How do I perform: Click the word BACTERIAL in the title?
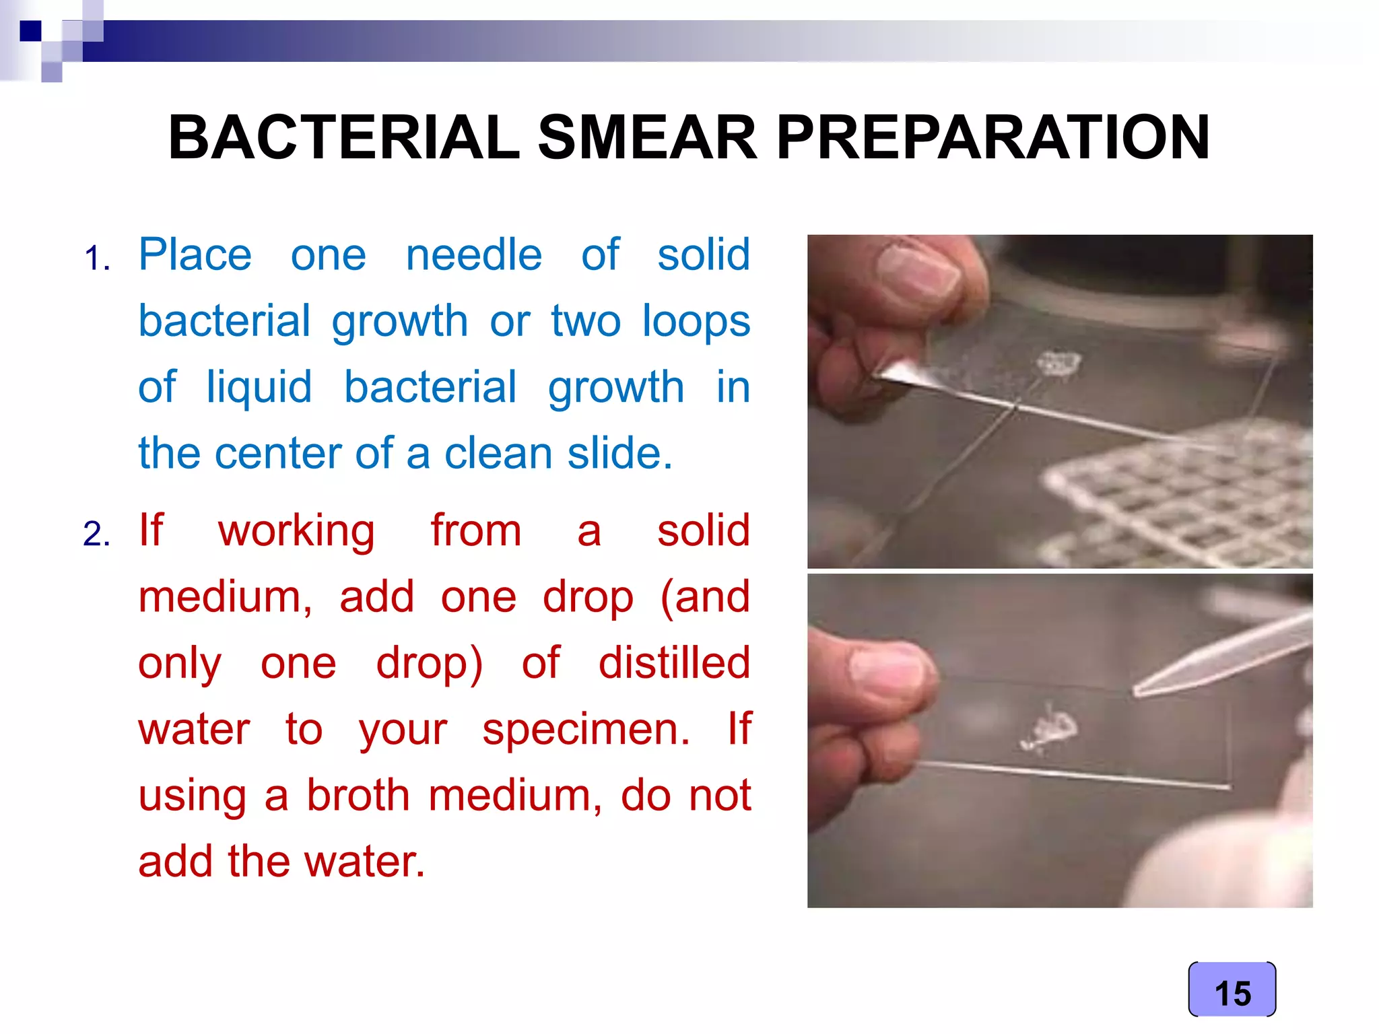click(344, 137)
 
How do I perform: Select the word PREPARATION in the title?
click(993, 137)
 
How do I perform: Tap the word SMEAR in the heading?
click(647, 137)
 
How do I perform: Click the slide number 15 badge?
click(1232, 992)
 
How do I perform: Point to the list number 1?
click(97, 258)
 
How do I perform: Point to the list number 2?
click(97, 535)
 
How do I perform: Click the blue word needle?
click(473, 255)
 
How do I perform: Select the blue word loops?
click(696, 321)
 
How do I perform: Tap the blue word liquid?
click(259, 388)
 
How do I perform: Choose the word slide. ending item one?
click(619, 453)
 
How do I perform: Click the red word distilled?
click(674, 663)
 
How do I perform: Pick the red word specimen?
click(586, 729)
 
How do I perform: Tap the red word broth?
click(358, 795)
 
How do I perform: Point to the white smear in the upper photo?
click(1057, 364)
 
